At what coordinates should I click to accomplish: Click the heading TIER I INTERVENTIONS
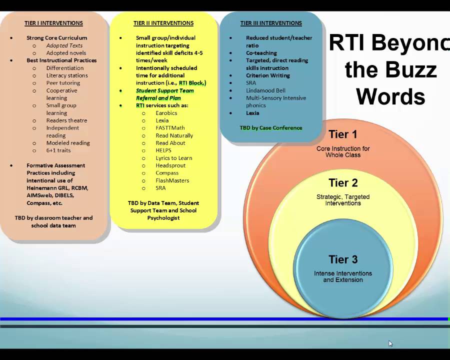tap(53, 23)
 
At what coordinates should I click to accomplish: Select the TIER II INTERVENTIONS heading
tap(163, 23)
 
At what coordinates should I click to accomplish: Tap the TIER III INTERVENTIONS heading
tap(271, 23)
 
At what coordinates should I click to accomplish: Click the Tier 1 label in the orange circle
tap(342, 134)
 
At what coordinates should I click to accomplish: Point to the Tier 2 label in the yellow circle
tap(343, 182)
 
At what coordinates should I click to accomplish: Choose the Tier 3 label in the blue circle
tap(343, 259)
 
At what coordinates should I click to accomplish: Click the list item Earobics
tap(166, 113)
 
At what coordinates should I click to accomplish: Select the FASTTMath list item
tap(170, 128)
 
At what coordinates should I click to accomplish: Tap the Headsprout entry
tap(170, 165)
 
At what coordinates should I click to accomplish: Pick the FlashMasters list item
tap(172, 180)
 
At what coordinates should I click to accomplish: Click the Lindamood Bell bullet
tap(265, 90)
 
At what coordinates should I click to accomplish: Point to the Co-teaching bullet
tap(261, 53)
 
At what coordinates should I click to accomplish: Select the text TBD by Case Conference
tap(271, 128)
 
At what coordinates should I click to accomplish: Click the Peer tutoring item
tap(63, 83)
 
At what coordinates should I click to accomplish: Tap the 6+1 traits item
tap(58, 150)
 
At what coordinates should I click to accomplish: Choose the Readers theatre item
tap(66, 120)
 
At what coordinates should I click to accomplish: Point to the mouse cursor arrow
tap(390, 343)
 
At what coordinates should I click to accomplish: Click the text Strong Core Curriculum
tap(56, 38)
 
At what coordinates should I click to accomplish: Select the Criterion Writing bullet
tap(267, 75)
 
